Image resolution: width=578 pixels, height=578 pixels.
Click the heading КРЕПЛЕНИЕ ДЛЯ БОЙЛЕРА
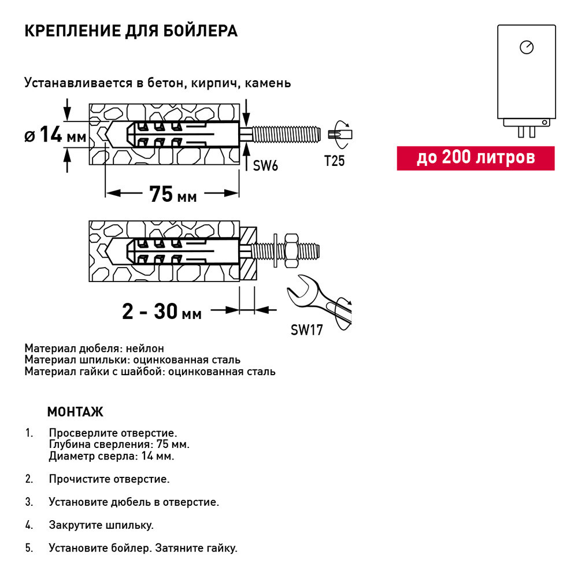tap(131, 31)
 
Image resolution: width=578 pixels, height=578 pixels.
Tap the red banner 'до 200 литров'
tap(475, 158)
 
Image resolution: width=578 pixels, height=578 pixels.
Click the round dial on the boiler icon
tap(526, 47)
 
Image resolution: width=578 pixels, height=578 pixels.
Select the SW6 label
tap(265, 166)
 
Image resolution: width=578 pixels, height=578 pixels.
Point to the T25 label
tap(334, 161)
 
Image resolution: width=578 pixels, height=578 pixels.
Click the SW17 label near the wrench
tap(306, 331)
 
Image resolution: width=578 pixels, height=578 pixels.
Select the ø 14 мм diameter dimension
tap(55, 136)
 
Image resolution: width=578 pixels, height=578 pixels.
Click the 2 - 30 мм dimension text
tap(162, 312)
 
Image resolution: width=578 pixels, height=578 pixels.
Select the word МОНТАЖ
tap(75, 412)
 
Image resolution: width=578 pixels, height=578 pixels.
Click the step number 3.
tap(29, 502)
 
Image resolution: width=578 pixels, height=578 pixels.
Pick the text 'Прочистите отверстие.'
tap(109, 479)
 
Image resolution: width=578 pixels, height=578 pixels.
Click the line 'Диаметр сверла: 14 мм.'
tap(112, 456)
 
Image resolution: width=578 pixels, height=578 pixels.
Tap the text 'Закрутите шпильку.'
tap(101, 525)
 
